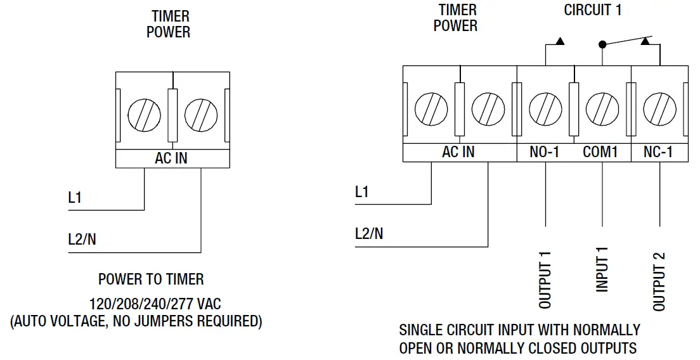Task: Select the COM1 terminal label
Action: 600,153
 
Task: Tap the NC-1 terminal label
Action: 658,153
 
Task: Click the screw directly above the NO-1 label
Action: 545,109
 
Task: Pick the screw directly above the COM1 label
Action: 602,109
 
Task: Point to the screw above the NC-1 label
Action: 659,109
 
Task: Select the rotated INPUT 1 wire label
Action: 602,269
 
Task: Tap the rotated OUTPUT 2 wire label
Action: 659,280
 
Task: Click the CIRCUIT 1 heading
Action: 593,11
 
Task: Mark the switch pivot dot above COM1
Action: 602,45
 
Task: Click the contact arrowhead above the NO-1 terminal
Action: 559,42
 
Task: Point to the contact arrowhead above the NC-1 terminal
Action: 645,41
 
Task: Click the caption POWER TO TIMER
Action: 151,279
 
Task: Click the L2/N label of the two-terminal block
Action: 82,240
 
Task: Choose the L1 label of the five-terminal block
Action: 361,191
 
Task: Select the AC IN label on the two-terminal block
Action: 171,158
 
